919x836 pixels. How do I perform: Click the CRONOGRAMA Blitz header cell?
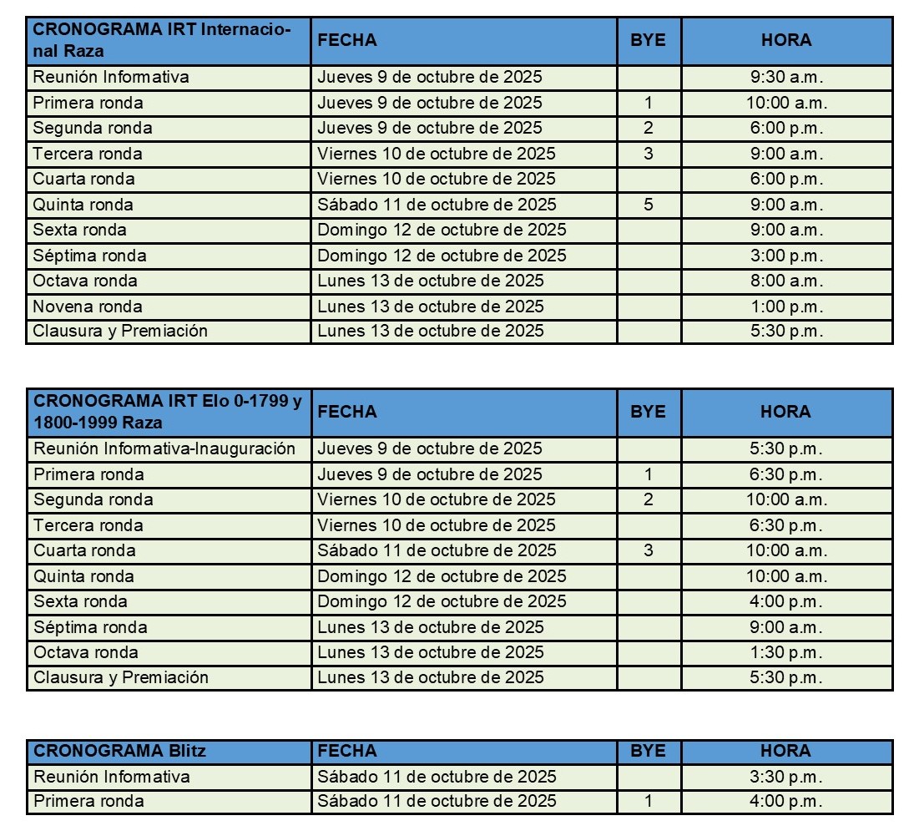119,751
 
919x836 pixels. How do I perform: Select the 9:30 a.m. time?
786,78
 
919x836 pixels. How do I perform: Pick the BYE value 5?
649,205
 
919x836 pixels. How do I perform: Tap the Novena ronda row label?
88,307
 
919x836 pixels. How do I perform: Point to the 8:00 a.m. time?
786,281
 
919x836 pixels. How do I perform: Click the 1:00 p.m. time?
786,307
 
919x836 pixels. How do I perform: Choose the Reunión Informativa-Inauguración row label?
164,448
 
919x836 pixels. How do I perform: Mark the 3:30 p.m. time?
786,777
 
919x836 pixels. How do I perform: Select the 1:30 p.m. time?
786,652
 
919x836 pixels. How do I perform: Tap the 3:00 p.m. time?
786,256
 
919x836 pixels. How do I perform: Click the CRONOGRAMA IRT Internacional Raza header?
162,40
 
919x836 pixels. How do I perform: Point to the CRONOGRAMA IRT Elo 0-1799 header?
168,412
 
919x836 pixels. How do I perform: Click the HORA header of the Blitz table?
786,751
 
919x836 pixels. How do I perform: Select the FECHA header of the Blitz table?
347,751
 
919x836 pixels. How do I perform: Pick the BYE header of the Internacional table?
649,40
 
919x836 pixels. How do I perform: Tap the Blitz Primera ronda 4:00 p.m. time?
786,802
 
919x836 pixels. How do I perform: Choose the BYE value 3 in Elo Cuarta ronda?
649,550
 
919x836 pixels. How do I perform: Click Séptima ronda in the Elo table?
90,627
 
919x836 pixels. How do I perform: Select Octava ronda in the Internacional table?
85,281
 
